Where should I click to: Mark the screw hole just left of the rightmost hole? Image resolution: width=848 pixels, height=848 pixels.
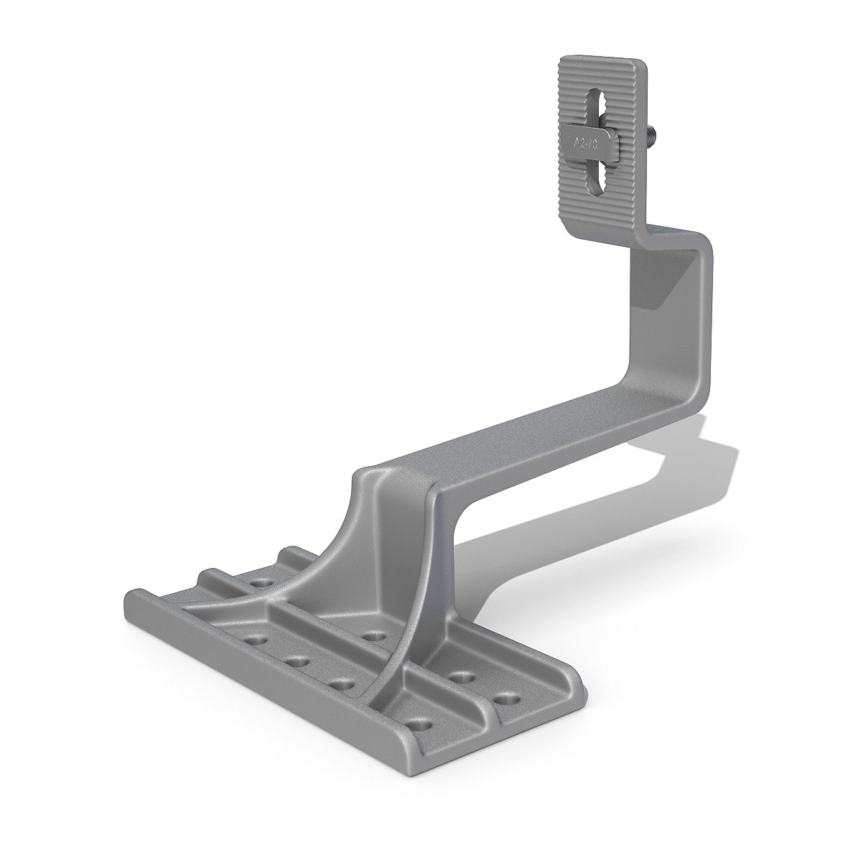458,676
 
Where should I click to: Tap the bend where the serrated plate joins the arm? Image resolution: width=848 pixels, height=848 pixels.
646,233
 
